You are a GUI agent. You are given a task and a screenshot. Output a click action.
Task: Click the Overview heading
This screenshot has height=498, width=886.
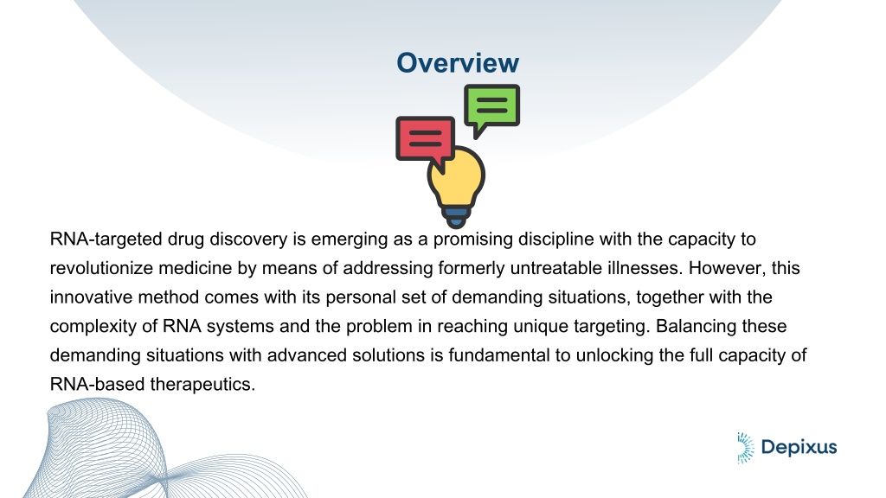pyautogui.click(x=458, y=62)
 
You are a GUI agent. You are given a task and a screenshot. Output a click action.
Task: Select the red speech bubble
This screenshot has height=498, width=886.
pyautogui.click(x=426, y=141)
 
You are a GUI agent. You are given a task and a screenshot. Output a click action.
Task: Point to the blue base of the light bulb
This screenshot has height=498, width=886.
pyautogui.click(x=456, y=217)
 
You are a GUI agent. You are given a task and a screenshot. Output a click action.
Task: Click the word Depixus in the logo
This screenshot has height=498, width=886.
pyautogui.click(x=799, y=448)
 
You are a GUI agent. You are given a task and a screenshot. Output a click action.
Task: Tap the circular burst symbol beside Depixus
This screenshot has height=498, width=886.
pyautogui.click(x=745, y=449)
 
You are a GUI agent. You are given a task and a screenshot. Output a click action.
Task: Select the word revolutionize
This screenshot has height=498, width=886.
pyautogui.click(x=101, y=268)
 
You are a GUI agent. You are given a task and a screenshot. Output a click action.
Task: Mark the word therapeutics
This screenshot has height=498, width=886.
pyautogui.click(x=202, y=385)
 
